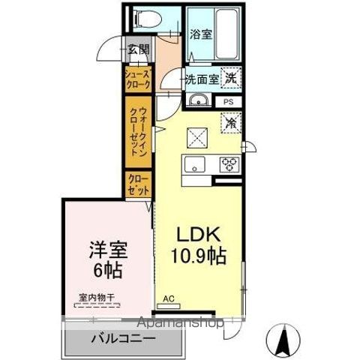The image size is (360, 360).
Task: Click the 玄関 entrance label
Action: pyautogui.click(x=138, y=50)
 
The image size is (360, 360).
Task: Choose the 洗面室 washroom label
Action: pyautogui.click(x=202, y=78)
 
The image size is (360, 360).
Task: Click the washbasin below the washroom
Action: pyautogui.click(x=199, y=101)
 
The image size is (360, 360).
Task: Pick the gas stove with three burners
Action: pyautogui.click(x=229, y=163)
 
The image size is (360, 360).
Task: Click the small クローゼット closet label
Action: pyautogui.click(x=138, y=184)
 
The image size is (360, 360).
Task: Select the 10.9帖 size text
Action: pyautogui.click(x=199, y=254)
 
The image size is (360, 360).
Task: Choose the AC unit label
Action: pyautogui.click(x=168, y=298)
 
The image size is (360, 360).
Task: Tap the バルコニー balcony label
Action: pyautogui.click(x=124, y=339)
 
